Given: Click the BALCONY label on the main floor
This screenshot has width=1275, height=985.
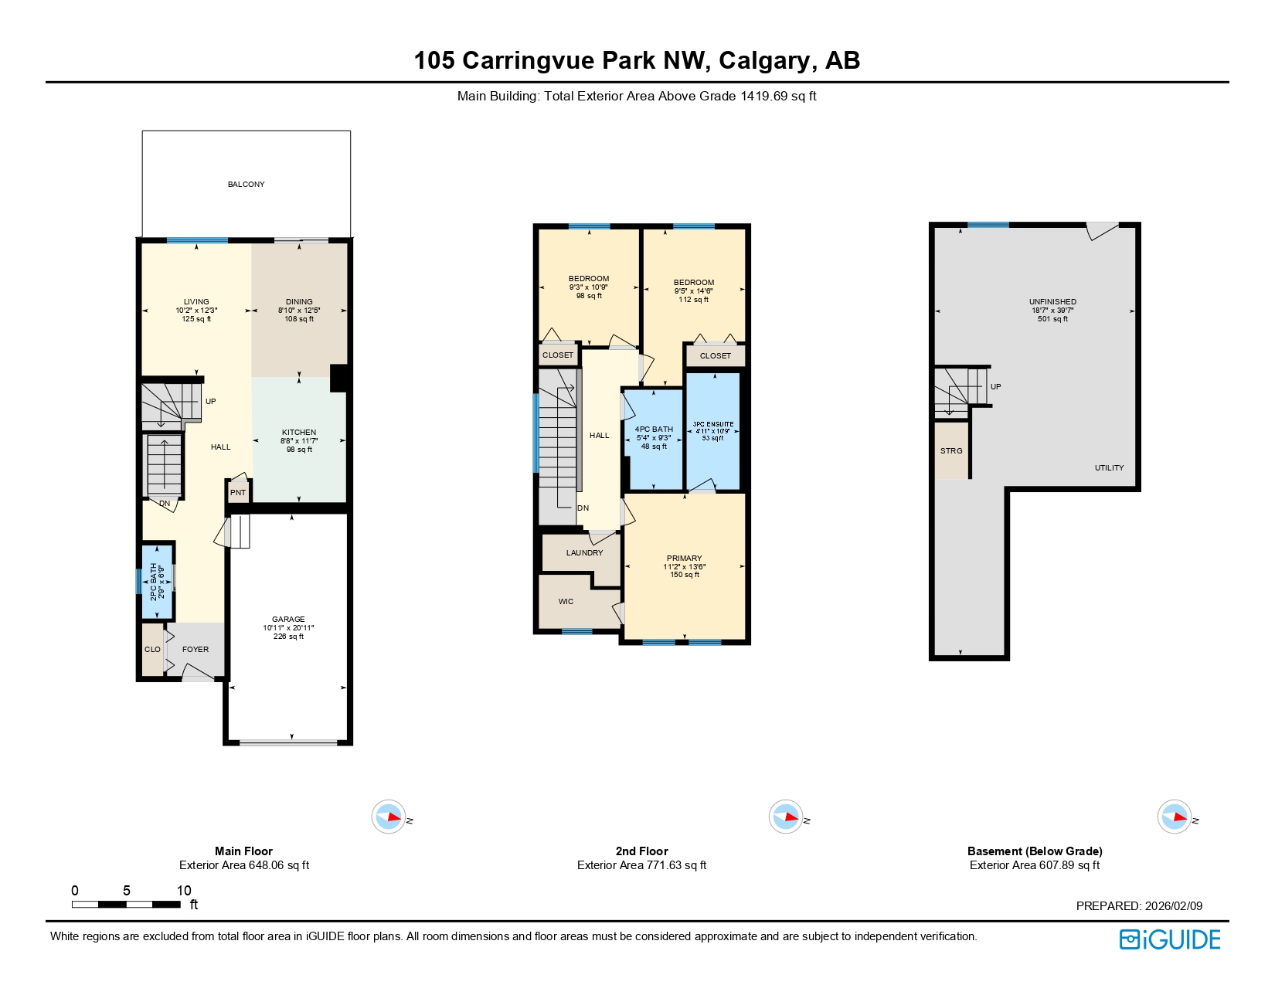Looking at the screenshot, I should pos(246,185).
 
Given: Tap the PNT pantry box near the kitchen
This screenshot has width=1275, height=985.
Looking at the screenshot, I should pos(238,493).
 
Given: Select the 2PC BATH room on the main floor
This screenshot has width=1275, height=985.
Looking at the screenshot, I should pos(157,582).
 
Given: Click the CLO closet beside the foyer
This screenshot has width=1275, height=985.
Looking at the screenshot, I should pos(152,650).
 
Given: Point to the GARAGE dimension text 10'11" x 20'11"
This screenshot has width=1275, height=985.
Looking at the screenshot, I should pos(288,628).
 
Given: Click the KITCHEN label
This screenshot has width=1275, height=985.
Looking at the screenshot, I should pos(299,433).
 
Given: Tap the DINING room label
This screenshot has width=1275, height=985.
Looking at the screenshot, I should pos(299,302).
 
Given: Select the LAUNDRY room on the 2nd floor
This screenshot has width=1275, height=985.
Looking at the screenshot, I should pos(584,553).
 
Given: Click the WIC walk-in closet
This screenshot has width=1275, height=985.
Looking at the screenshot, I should pos(566,602).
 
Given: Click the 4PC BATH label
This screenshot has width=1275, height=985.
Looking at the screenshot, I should pos(654,430).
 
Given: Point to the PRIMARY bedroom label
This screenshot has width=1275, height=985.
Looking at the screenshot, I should pos(684,558).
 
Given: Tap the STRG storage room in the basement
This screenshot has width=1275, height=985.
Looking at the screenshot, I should pos(951,451).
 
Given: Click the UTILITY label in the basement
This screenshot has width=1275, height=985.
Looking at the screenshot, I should pos(1109,468).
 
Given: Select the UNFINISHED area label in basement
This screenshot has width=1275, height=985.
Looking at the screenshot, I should pos(1052,302).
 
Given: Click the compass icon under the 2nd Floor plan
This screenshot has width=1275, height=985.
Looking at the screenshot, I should pos(786,817).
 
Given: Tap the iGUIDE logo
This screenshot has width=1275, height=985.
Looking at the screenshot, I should pos(1170,939).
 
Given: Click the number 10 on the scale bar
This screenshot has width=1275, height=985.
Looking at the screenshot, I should pos(184,891).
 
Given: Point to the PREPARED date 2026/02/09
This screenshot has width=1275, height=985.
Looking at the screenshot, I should pos(1139,906).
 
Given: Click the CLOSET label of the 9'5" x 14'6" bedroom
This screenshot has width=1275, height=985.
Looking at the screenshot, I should pos(715,356).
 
